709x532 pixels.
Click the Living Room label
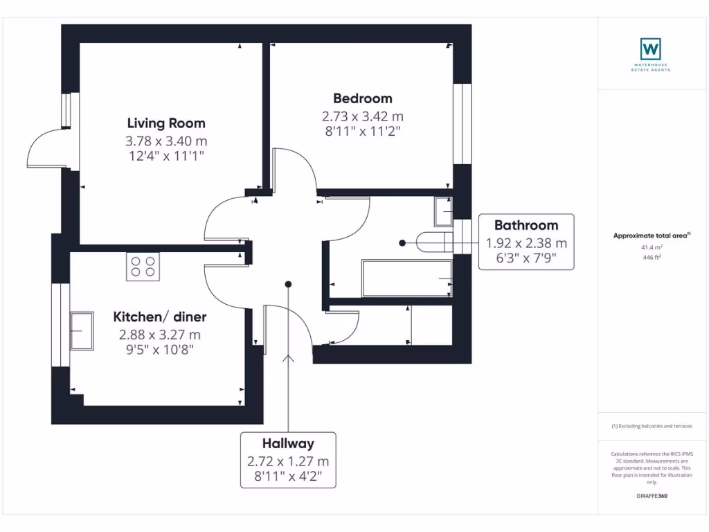166,123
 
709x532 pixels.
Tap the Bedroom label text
362,98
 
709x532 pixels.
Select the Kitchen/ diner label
160,317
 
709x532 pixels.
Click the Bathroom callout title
526,225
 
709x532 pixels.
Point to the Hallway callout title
288,443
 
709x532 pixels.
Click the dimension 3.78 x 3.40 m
166,141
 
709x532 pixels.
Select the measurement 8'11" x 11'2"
362,130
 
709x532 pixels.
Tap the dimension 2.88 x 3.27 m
160,335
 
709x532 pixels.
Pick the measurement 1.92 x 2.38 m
526,243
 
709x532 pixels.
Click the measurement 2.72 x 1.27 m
288,461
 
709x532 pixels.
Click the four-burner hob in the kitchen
143,267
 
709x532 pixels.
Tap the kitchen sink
82,331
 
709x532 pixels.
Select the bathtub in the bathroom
407,278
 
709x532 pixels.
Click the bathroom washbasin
443,212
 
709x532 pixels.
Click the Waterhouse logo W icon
650,48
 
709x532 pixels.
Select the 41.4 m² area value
652,247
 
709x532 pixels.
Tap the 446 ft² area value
652,256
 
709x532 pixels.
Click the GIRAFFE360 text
652,496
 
